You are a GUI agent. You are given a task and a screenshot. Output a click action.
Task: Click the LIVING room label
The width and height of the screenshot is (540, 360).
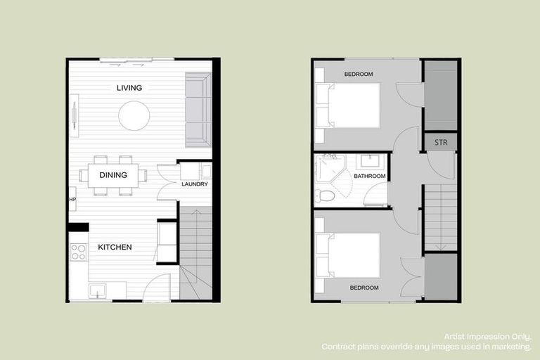pos(129,88)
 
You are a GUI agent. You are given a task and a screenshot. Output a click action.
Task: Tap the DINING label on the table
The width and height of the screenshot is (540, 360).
pos(112,175)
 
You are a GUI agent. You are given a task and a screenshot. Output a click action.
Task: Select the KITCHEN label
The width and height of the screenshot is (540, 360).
pos(115,247)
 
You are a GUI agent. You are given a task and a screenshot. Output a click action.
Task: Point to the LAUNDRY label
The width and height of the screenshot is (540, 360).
pos(194,185)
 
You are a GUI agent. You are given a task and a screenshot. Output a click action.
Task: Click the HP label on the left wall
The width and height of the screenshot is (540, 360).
pos(72,200)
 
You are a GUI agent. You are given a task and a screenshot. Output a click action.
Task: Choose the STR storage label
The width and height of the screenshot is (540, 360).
pos(441,143)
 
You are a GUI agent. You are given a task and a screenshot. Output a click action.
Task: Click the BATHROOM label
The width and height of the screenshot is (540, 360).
pos(370,176)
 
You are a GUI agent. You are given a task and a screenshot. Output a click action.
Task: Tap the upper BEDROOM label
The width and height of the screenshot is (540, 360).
pos(359,74)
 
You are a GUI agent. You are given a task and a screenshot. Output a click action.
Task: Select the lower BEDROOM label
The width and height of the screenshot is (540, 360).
pos(364,288)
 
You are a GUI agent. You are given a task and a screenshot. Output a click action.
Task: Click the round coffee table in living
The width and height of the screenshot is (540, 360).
pos(134,116)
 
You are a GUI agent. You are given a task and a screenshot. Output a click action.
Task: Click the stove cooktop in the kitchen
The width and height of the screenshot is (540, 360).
pos(78,252)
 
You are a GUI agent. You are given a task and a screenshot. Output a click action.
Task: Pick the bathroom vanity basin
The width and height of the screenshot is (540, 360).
pos(371,160)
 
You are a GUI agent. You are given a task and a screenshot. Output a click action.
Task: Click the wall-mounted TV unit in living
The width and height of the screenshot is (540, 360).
pos(74,116)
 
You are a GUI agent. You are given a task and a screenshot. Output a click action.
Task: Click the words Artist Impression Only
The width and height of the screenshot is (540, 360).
pos(487,337)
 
